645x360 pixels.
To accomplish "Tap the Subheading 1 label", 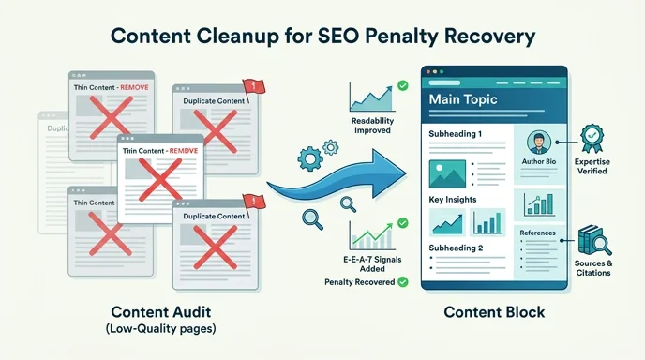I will click(456, 133).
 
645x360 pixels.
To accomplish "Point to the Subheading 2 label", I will click(456, 248).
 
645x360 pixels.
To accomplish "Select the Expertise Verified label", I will click(595, 168).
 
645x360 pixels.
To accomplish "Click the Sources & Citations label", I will click(595, 268).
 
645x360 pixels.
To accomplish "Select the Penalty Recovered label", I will click(359, 281).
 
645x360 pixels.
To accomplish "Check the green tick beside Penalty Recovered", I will click(402, 281).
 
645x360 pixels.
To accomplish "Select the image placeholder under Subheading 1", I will click(446, 172).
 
